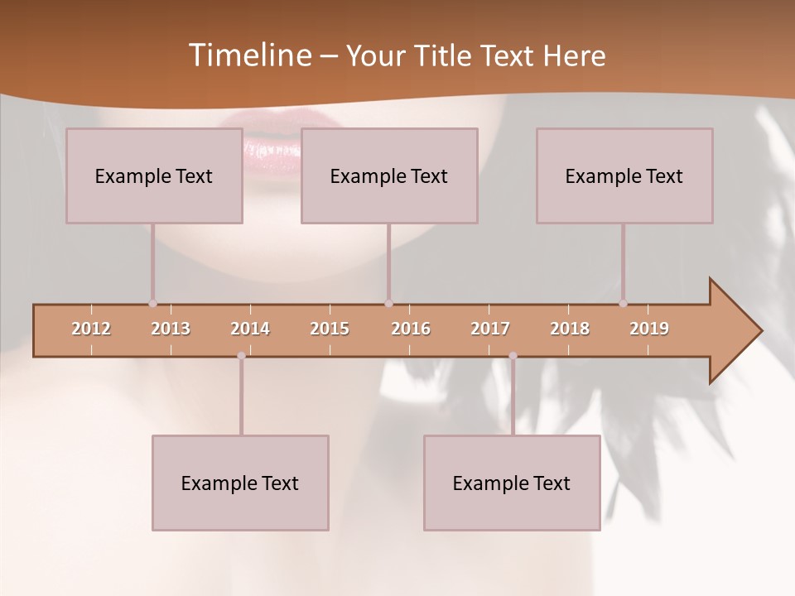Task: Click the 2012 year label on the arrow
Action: pos(91,329)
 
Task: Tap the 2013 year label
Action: pos(171,329)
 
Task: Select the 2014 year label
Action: pos(250,329)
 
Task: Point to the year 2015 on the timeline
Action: pos(330,329)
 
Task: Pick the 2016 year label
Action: pos(411,329)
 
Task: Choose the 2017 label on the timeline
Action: pos(490,329)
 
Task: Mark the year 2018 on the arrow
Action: pos(570,329)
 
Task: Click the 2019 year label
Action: pos(649,329)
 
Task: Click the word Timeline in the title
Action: pos(248,55)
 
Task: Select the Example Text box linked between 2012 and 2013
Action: pos(154,175)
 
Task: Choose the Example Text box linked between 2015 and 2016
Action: pos(389,175)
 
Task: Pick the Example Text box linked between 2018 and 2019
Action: pos(624,175)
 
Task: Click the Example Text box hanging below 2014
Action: pos(240,483)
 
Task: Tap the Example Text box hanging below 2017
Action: pos(512,483)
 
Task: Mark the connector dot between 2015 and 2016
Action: pos(388,303)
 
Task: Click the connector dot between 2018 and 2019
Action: pos(623,303)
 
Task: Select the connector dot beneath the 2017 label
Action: pos(513,356)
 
